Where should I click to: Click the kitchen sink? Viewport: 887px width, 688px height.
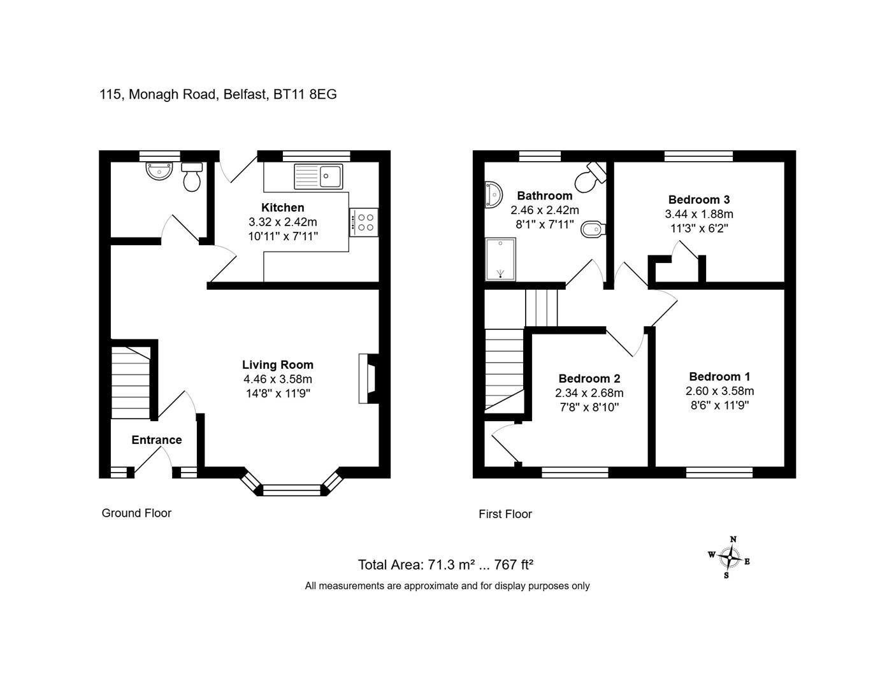point(318,176)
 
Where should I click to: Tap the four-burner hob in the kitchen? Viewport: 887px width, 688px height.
point(364,222)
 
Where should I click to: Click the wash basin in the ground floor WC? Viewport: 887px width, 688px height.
point(159,171)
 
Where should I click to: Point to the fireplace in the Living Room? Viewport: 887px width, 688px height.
point(368,378)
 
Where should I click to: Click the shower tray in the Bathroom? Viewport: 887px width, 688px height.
point(500,259)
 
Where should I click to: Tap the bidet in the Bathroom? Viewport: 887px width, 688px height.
point(593,231)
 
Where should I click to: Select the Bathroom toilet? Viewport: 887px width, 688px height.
point(591,177)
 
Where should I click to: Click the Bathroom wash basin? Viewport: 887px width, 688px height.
point(493,195)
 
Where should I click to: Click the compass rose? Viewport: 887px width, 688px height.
point(730,557)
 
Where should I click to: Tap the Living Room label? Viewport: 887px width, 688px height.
point(278,364)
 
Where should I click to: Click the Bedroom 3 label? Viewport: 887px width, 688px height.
point(699,199)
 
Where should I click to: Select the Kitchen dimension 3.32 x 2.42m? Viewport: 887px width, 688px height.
point(283,222)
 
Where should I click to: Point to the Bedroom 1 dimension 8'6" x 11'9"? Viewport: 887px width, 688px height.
point(719,405)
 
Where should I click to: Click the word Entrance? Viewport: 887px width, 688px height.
point(157,440)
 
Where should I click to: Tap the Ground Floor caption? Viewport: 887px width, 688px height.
point(136,513)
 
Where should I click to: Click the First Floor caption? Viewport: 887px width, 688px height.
point(505,513)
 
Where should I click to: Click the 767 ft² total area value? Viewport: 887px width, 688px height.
point(514,564)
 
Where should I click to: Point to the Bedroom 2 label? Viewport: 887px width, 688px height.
point(589,378)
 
